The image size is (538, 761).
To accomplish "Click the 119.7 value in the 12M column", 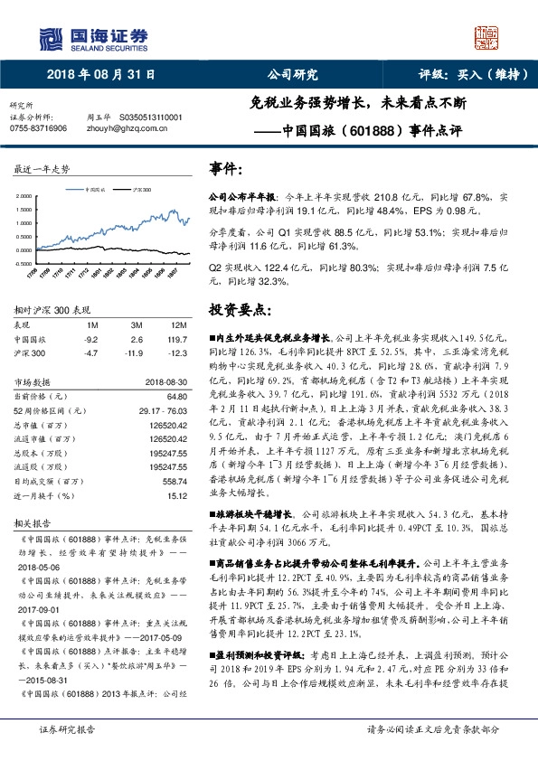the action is pyautogui.click(x=180, y=338).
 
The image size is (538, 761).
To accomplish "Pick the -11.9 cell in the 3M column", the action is pyautogui.click(x=137, y=351).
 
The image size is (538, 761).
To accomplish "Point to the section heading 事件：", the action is pyautogui.click(x=225, y=169).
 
